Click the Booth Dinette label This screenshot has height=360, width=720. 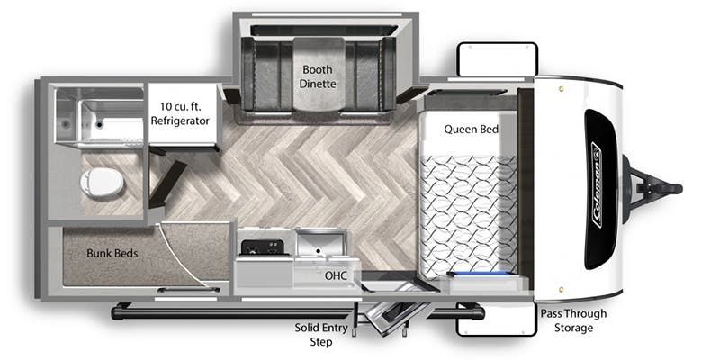(x=318, y=76)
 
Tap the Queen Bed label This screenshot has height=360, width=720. (x=471, y=130)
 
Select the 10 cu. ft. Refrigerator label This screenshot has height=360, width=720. (x=180, y=114)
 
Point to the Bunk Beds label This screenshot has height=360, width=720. (x=112, y=253)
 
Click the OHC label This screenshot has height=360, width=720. (x=336, y=276)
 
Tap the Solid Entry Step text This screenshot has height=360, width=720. (x=321, y=335)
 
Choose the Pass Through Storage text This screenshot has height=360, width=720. (x=573, y=320)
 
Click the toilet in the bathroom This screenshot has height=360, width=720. (x=102, y=183)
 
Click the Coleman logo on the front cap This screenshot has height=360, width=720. (x=597, y=185)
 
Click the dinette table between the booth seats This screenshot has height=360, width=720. (x=319, y=74)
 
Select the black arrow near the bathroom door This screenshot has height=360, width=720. (x=167, y=184)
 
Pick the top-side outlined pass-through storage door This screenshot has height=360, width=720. (x=498, y=59)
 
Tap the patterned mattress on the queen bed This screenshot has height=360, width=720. (x=468, y=216)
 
